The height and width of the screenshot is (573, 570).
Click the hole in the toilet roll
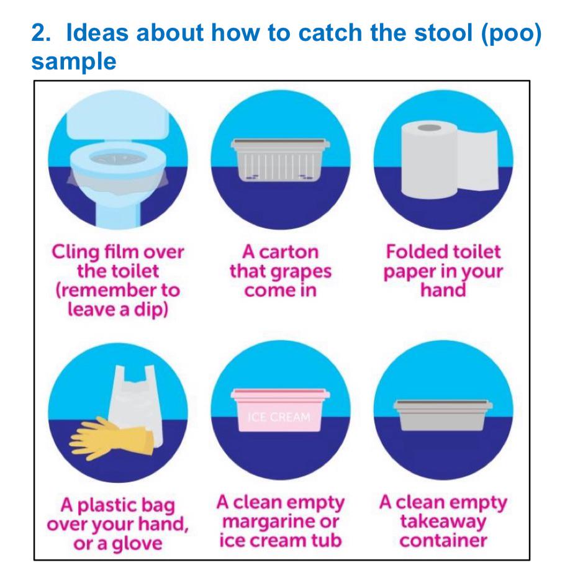[426, 128]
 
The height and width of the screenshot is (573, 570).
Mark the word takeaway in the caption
[443, 521]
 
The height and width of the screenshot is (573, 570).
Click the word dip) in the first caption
[150, 309]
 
